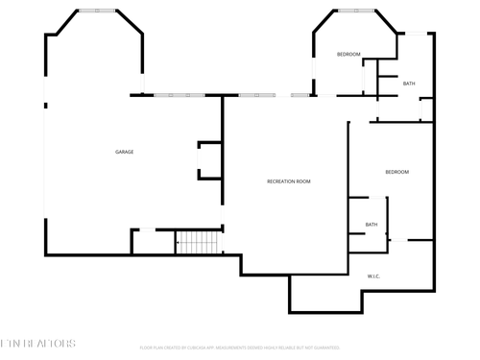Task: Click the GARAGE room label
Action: [124, 152]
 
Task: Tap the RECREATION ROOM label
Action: [288, 181]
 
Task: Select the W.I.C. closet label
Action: [374, 276]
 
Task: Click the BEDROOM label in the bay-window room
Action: [348, 55]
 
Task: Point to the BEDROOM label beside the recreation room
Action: [396, 172]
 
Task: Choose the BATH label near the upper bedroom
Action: [409, 84]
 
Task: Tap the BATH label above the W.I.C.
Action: [371, 225]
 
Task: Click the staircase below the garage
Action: [199, 242]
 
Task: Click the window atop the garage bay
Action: [96, 11]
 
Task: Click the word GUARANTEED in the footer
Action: [324, 348]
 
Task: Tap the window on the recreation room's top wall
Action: [257, 95]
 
